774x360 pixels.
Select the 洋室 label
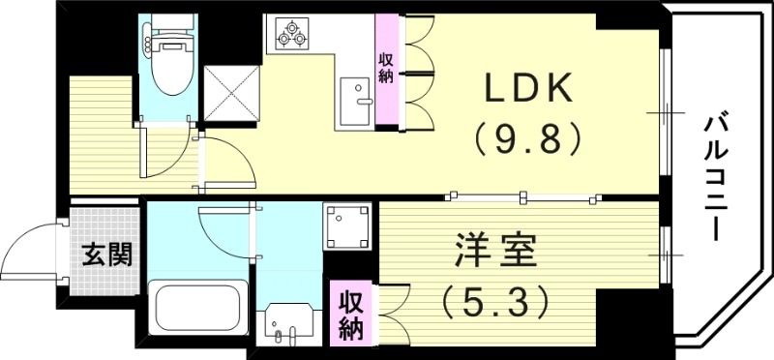(x=491, y=254)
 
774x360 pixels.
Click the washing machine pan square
(x=346, y=225)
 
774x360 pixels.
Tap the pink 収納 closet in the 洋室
(x=348, y=314)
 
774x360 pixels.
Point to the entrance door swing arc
(x=32, y=250)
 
